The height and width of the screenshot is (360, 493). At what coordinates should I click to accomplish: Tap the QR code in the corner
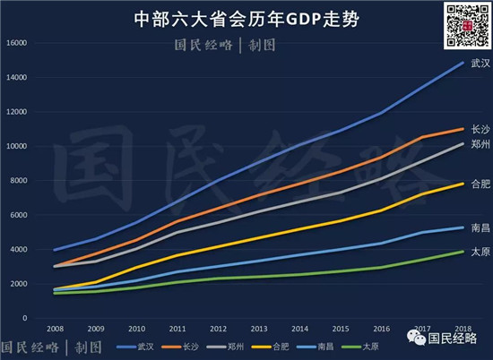[465, 28]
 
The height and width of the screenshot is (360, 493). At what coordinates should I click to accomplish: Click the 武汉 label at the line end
[480, 64]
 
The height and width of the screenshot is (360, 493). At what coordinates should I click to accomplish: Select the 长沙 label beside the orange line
[480, 130]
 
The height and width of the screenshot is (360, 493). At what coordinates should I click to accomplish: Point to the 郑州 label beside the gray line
[480, 144]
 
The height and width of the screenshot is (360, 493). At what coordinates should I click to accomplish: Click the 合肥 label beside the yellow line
[480, 184]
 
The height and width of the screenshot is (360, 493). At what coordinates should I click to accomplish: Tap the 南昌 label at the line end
[480, 228]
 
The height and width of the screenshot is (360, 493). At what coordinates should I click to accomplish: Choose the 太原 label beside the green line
[480, 252]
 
